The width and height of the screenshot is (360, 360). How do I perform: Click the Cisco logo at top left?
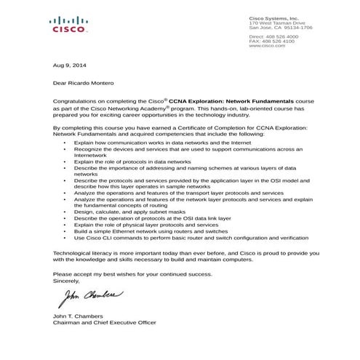(70, 25)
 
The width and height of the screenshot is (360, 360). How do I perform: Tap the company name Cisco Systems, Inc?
(273, 17)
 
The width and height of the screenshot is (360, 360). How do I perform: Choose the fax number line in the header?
(272, 41)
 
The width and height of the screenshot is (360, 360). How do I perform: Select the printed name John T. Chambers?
(78, 316)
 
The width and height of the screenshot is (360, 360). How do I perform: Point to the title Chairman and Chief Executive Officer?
(105, 322)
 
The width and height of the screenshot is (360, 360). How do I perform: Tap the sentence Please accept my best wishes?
(131, 273)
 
